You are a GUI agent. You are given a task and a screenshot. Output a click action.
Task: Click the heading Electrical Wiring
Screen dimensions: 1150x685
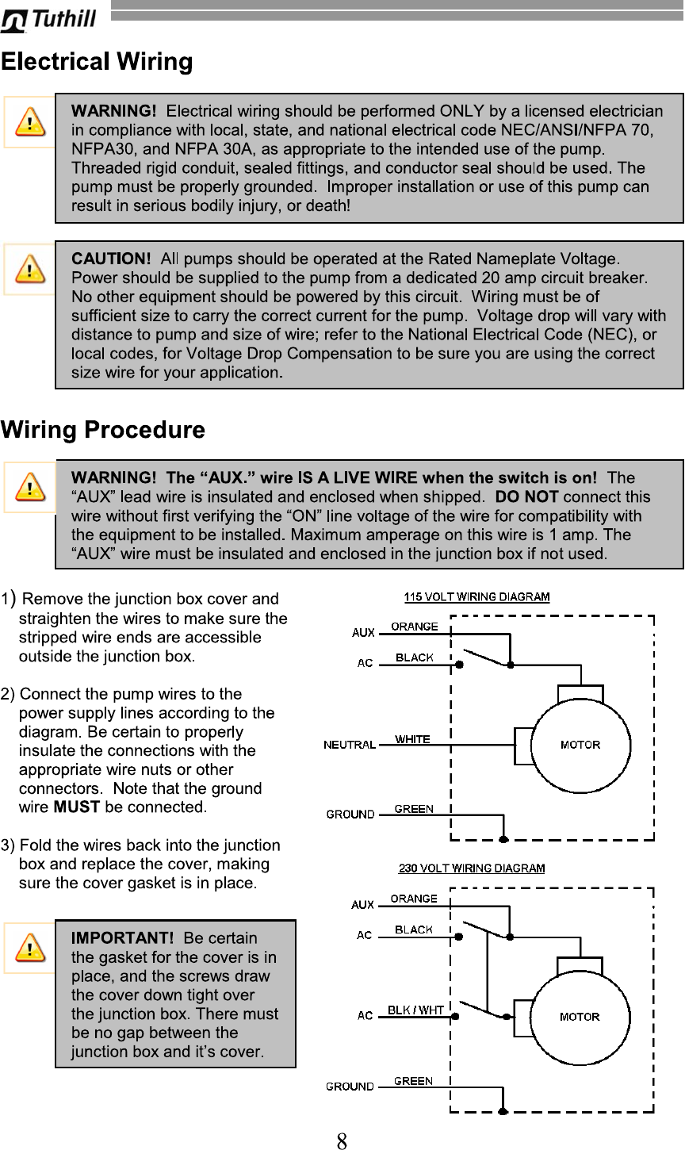point(97,62)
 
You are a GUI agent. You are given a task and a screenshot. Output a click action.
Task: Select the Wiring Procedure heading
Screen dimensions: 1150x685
point(103,430)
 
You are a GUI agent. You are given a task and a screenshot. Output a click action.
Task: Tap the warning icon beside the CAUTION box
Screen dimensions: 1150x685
point(30,269)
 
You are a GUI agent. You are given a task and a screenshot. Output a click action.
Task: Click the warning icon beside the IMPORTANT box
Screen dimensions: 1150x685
point(30,947)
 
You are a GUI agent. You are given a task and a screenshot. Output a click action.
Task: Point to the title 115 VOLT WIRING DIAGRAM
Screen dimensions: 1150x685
point(476,597)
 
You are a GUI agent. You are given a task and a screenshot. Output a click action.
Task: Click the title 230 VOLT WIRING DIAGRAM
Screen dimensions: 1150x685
point(471,868)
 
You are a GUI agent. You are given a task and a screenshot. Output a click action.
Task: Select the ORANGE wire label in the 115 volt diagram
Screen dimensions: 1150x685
point(414,627)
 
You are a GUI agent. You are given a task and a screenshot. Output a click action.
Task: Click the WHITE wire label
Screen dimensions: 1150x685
point(412,739)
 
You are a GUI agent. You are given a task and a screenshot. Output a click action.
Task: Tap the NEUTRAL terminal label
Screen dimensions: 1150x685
point(349,745)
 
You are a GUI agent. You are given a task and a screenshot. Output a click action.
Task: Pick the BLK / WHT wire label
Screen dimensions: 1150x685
point(415,1010)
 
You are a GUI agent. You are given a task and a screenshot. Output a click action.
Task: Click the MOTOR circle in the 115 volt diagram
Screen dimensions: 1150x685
point(580,745)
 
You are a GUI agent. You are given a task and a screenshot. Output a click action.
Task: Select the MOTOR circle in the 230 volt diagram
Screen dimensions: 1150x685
point(580,1017)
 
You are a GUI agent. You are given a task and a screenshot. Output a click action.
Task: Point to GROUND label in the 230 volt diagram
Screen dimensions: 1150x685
point(350,1087)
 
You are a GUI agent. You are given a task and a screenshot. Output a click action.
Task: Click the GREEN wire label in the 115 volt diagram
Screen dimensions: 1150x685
point(414,809)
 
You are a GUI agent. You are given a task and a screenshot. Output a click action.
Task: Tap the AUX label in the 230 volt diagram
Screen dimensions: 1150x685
point(363,905)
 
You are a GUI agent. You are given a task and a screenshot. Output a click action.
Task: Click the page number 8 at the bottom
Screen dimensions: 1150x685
point(342,1142)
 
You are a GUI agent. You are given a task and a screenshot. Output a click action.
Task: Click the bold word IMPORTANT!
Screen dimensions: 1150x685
point(122,938)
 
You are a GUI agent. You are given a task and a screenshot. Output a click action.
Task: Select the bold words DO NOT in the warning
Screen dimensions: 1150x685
point(526,497)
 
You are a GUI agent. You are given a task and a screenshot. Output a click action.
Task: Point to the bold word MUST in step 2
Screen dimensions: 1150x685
point(76,807)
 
